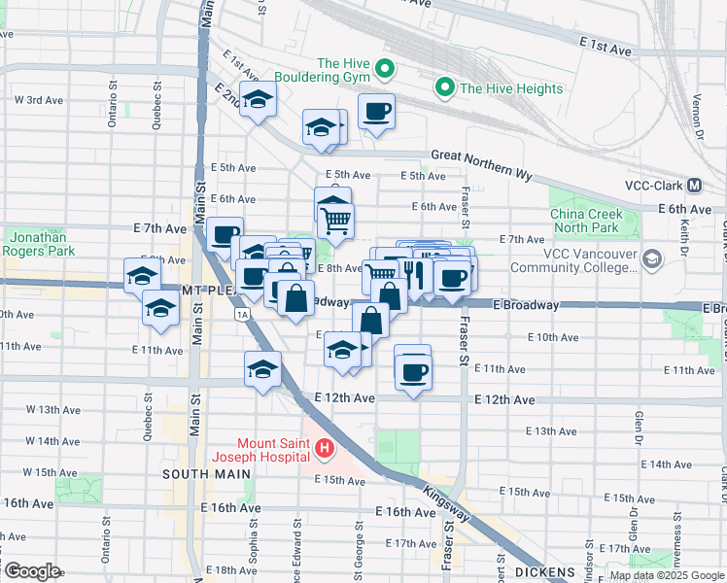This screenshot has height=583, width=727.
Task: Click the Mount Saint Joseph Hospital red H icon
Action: pyautogui.click(x=325, y=449)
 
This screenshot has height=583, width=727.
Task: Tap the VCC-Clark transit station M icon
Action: pyautogui.click(x=695, y=186)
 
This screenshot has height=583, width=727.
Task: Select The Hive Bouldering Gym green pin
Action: pyautogui.click(x=384, y=68)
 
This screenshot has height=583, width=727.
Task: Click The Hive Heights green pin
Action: pyautogui.click(x=446, y=88)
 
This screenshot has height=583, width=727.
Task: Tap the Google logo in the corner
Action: pyautogui.click(x=31, y=571)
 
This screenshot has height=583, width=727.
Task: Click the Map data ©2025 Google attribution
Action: pyautogui.click(x=666, y=575)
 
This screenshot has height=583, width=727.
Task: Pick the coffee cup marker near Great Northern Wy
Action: pyautogui.click(x=376, y=111)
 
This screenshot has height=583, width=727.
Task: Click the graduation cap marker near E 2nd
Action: pyautogui.click(x=258, y=99)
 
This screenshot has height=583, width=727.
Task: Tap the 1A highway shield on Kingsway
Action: pyautogui.click(x=241, y=315)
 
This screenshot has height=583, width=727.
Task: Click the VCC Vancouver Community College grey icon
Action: pyautogui.click(x=650, y=258)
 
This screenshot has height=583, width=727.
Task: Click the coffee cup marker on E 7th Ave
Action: pyautogui.click(x=225, y=234)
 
